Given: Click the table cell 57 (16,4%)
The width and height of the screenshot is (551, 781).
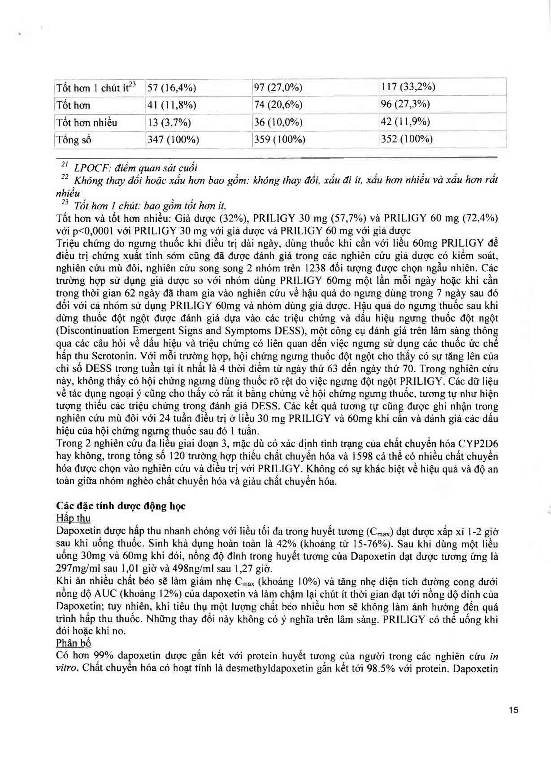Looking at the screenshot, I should coord(171,88).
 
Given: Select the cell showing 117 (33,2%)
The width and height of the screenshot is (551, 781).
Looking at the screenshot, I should coord(408,87).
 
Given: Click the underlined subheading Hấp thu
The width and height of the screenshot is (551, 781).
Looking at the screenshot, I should coord(73,518).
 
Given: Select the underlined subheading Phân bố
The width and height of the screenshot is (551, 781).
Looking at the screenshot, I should coord(73,643).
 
